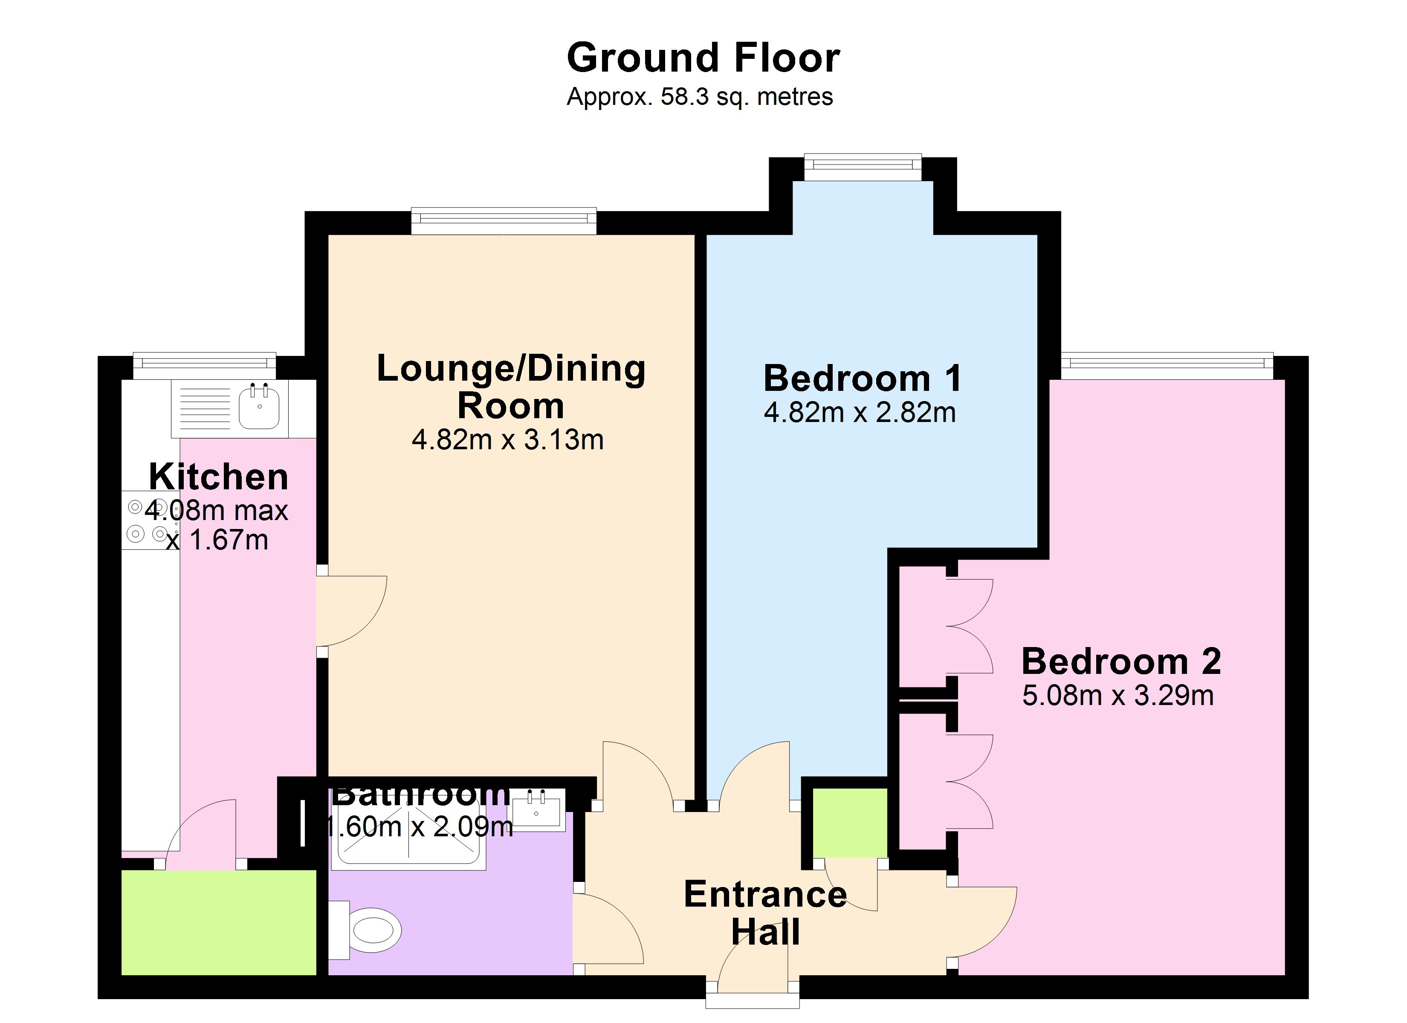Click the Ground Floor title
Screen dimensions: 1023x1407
703,58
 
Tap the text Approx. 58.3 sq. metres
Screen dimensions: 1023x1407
699,97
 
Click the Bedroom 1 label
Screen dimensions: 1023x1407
862,379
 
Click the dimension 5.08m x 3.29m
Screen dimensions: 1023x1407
1117,696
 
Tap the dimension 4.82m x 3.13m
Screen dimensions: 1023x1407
507,440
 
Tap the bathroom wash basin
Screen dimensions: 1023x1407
537,809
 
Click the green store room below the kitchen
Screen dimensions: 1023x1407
218,922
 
